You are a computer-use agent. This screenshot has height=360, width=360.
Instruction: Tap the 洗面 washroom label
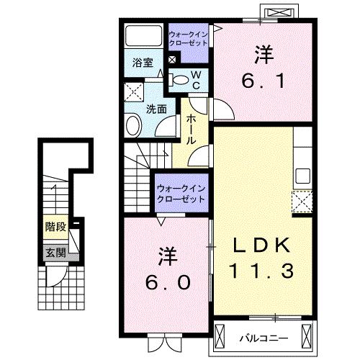(157, 109)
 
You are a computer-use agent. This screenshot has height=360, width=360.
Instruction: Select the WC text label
(194, 79)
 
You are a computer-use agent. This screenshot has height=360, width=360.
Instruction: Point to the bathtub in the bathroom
(143, 37)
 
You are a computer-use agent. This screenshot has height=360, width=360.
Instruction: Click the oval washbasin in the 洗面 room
(134, 127)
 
